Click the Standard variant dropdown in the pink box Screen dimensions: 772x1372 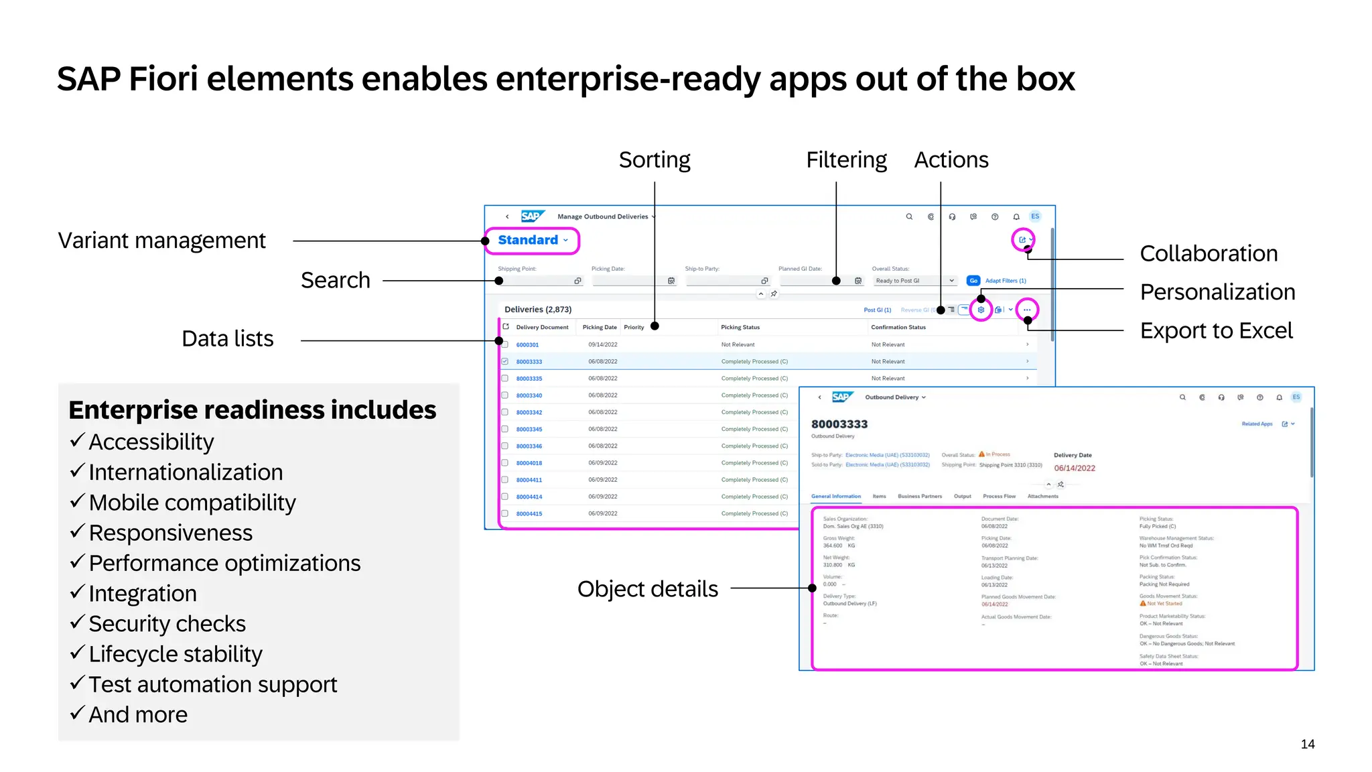coord(532,240)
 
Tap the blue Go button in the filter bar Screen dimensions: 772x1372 coord(973,281)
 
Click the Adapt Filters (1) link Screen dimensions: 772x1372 coord(1005,281)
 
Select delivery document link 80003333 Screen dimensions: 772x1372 coord(529,362)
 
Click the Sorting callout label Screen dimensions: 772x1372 coord(654,159)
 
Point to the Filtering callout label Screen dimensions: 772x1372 coord(845,159)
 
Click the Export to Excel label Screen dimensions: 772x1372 coord(1216,330)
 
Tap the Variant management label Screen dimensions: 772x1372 coord(161,240)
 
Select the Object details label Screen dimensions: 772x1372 coord(647,588)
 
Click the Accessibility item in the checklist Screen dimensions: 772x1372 coord(151,442)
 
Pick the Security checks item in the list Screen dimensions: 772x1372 coord(167,623)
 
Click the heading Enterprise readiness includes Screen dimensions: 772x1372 coord(252,409)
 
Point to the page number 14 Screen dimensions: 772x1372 coord(1307,744)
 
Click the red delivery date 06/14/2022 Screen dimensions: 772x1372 coord(1074,468)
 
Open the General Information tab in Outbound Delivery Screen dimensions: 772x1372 coord(835,497)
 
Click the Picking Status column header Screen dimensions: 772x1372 coord(740,327)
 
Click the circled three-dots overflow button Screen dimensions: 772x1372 coord(1026,310)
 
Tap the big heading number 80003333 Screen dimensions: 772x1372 coord(839,424)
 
